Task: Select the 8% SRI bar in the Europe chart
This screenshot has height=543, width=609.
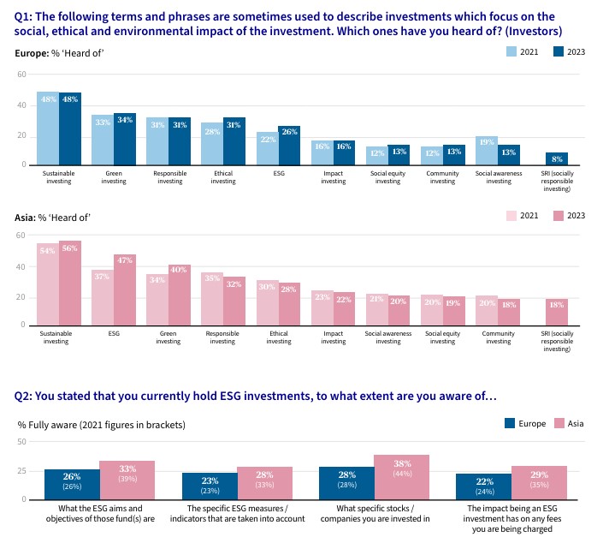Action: click(x=557, y=158)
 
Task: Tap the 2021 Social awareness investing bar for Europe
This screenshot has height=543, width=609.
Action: click(x=487, y=149)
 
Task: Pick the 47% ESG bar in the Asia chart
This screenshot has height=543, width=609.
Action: click(x=125, y=289)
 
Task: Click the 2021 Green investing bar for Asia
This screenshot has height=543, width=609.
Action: click(x=157, y=299)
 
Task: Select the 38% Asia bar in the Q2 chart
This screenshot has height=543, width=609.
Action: click(x=401, y=476)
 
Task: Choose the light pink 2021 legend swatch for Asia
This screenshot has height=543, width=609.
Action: click(x=511, y=214)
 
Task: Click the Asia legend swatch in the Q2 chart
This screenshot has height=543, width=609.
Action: click(x=558, y=423)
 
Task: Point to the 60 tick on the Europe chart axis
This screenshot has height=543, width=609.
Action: click(x=21, y=74)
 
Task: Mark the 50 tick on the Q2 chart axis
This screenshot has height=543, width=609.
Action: click(x=22, y=441)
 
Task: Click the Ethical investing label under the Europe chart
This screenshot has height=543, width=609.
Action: click(x=223, y=177)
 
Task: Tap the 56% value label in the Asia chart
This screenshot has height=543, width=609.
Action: click(x=70, y=250)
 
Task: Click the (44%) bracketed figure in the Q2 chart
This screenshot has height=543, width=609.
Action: click(x=401, y=474)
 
